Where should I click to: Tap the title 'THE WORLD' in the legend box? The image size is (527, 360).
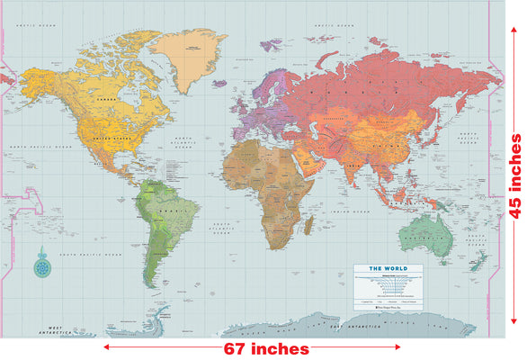coord(396,269)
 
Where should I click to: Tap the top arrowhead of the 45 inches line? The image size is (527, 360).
coord(514,28)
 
